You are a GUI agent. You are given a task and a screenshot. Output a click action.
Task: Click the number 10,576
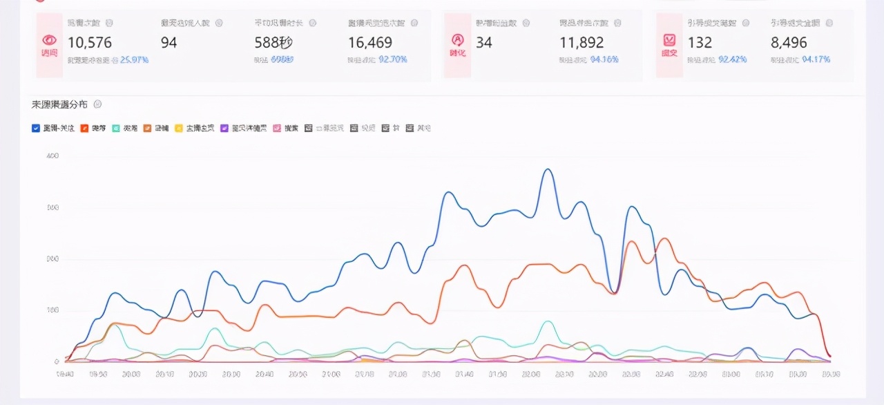tap(90, 43)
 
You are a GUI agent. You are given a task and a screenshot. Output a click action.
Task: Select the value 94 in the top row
tap(169, 43)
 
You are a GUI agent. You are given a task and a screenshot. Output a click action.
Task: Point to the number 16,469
tap(370, 43)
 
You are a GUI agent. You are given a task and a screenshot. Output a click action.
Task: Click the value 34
tap(484, 43)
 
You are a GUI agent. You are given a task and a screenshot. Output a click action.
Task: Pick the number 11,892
tap(582, 43)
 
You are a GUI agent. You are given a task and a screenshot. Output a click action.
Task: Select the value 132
tap(700, 43)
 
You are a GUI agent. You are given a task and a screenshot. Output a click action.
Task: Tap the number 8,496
tap(789, 43)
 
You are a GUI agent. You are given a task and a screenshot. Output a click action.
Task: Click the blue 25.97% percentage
tap(134, 60)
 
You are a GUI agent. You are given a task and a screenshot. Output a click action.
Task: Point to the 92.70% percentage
tap(393, 60)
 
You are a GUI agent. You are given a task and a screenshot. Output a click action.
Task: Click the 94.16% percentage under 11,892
tap(604, 60)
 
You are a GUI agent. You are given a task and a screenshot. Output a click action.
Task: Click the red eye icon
tap(49, 40)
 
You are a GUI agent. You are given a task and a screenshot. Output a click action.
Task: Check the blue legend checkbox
tap(36, 128)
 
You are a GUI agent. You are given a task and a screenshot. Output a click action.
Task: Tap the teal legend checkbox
tap(117, 128)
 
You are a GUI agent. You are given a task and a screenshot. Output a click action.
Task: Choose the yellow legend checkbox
tap(179, 128)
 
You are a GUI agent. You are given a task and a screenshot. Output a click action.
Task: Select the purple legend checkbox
tap(224, 128)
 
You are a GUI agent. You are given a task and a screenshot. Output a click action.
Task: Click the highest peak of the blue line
tap(548, 169)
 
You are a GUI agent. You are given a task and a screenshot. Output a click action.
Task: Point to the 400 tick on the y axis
tap(52, 156)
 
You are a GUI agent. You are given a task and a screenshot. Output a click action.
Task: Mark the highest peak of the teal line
tap(548, 322)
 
